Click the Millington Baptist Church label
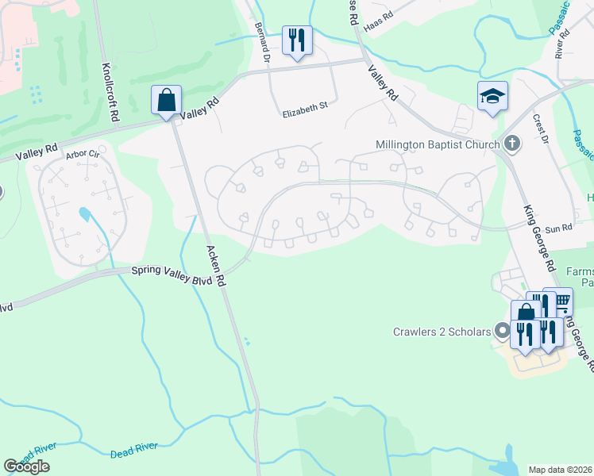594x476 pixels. coord(438,144)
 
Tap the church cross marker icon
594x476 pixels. coord(512,144)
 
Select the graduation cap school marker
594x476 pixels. coord(492,97)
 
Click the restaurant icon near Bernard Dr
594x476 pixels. coord(298,39)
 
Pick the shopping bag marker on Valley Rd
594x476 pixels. coord(166,101)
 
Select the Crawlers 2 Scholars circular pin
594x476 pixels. coord(502,331)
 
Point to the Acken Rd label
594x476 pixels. coord(216,266)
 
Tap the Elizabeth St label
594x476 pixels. coord(305,114)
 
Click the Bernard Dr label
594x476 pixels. coord(261,48)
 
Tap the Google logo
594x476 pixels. coord(27,466)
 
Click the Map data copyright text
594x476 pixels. coord(561,470)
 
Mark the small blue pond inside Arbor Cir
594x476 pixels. coord(84,214)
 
